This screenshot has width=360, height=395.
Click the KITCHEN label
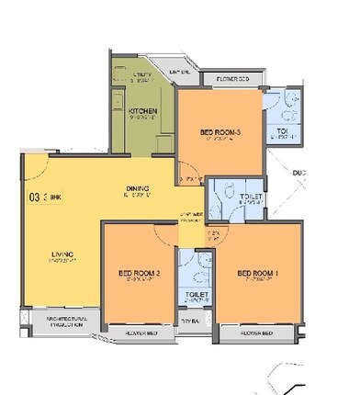(x=141, y=111)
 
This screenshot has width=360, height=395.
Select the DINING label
(x=138, y=191)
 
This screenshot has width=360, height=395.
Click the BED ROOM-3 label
(x=220, y=133)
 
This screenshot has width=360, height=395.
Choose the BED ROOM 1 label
(x=256, y=273)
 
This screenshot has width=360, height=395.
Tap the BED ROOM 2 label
(x=141, y=273)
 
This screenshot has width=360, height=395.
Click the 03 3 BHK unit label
(x=41, y=196)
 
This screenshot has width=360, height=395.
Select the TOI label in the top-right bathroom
(x=282, y=132)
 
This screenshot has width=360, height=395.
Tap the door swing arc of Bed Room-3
(x=187, y=165)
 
